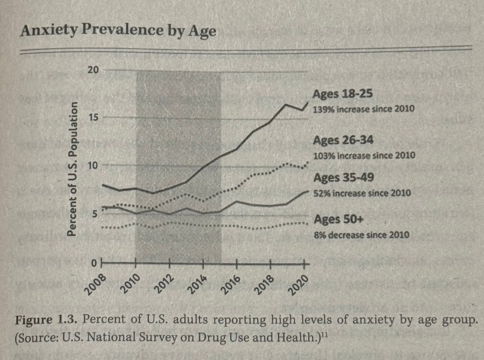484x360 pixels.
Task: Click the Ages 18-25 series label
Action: [x=339, y=94]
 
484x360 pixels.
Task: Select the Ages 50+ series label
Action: [x=334, y=220]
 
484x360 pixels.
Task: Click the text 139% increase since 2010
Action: [x=364, y=109]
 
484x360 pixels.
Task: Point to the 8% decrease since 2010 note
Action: [x=361, y=235]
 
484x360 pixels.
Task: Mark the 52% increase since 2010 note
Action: [x=362, y=193]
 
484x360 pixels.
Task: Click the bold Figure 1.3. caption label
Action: [x=47, y=319]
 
